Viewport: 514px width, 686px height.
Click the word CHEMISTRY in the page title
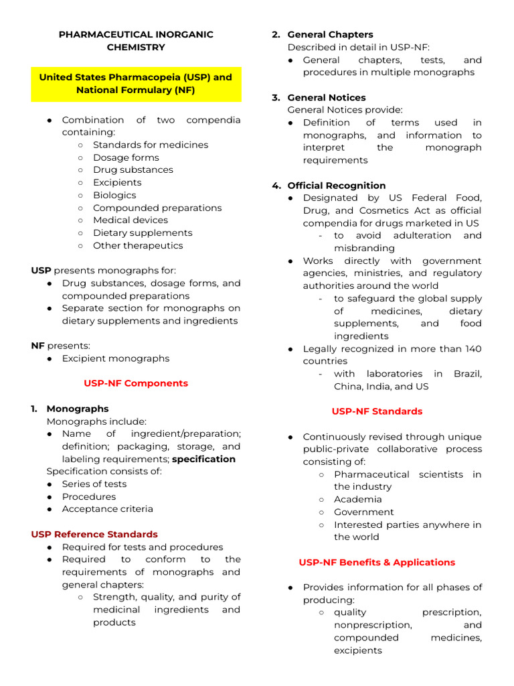click(x=136, y=47)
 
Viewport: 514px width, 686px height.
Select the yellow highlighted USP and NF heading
click(x=136, y=84)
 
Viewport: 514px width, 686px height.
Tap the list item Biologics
click(x=114, y=195)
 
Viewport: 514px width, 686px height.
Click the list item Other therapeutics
click(x=137, y=245)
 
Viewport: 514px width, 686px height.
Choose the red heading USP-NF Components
click(x=136, y=383)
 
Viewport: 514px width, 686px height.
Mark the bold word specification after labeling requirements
click(x=203, y=459)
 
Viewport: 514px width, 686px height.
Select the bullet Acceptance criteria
click(x=107, y=508)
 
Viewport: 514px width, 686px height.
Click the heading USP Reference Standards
click(x=94, y=534)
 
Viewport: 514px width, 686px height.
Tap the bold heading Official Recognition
click(x=336, y=186)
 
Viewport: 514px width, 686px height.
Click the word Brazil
click(x=467, y=374)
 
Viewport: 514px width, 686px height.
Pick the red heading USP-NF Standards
click(x=377, y=411)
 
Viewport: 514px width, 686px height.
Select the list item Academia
click(x=358, y=499)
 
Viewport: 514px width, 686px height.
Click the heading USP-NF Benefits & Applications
click(x=377, y=562)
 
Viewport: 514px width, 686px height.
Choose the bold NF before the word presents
click(x=37, y=346)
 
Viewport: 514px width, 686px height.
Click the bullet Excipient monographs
click(x=115, y=358)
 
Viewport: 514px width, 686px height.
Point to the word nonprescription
click(x=373, y=625)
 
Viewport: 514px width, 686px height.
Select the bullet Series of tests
click(x=94, y=484)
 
